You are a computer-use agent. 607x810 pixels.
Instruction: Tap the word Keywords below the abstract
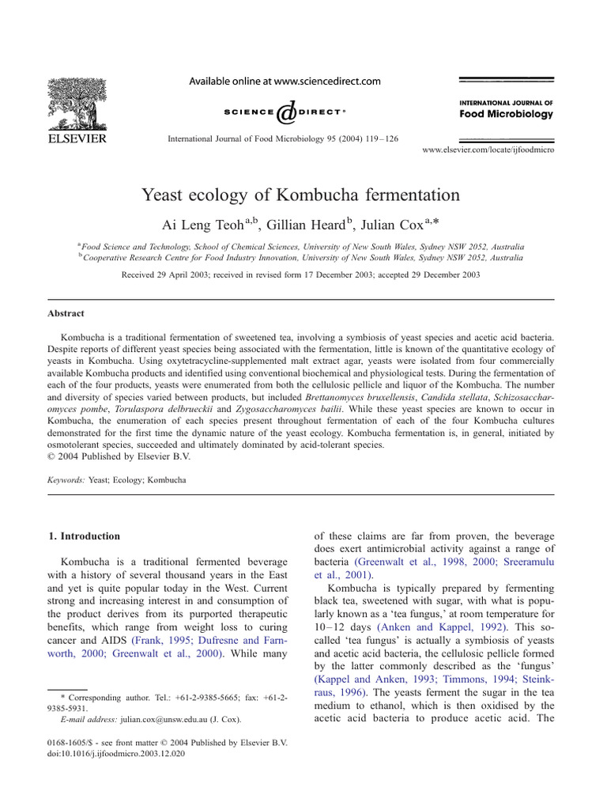tap(66, 479)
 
